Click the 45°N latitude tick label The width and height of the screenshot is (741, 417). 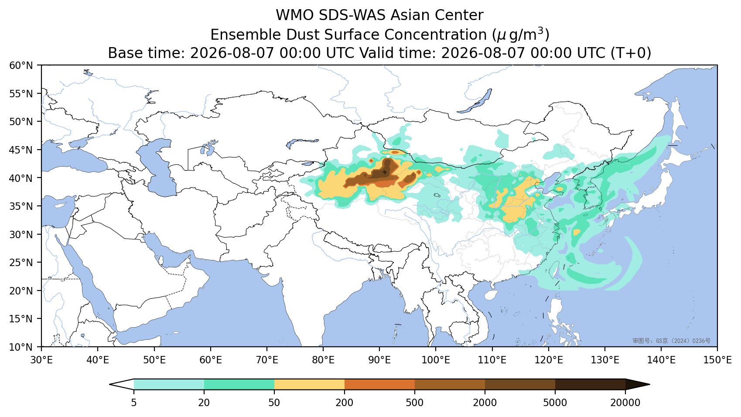(21, 150)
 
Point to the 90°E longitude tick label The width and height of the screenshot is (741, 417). (379, 359)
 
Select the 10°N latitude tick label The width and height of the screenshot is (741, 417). (21, 347)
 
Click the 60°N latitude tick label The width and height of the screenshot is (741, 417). (21, 65)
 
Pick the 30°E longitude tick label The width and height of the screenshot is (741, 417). (41, 359)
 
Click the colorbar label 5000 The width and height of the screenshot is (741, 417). (555, 403)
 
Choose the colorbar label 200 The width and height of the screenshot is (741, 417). (345, 403)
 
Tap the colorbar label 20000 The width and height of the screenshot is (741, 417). (625, 403)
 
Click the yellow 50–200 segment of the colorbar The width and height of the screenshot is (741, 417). (309, 384)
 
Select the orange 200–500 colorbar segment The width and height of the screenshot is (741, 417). (379, 384)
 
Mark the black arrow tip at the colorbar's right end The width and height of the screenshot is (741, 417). (649, 385)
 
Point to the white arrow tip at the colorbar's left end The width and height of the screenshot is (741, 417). (110, 385)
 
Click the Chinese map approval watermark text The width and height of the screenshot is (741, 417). (671, 341)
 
